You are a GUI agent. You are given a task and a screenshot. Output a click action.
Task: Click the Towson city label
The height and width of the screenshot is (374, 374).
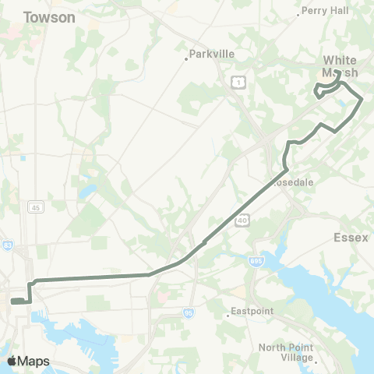(49, 17)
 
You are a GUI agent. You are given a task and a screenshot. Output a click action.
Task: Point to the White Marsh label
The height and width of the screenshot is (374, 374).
(340, 65)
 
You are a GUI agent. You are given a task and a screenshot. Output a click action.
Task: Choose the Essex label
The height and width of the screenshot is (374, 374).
(350, 237)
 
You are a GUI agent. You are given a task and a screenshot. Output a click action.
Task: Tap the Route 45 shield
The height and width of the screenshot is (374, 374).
(34, 207)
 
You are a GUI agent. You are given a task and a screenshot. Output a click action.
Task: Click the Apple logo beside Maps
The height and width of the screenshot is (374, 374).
(12, 361)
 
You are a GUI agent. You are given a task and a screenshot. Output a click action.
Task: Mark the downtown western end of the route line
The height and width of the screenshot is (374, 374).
(12, 300)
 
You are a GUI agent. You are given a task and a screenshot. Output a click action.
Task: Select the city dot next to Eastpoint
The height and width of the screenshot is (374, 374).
(228, 315)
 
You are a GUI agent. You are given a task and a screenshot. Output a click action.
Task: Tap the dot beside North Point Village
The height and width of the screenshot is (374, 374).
(316, 360)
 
